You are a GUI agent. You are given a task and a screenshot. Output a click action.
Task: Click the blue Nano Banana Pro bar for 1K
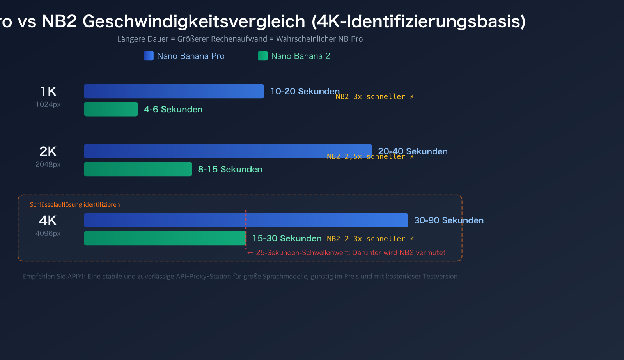pyautogui.click(x=174, y=91)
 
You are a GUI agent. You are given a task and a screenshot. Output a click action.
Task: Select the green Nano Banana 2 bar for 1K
pyautogui.click(x=111, y=109)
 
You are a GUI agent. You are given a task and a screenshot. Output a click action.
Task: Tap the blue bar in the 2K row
pyautogui.click(x=228, y=151)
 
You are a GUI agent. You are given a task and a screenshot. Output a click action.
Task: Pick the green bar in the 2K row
pyautogui.click(x=138, y=169)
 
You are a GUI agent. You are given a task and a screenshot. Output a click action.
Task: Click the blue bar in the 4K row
pyautogui.click(x=246, y=220)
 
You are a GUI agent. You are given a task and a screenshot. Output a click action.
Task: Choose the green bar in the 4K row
pyautogui.click(x=165, y=238)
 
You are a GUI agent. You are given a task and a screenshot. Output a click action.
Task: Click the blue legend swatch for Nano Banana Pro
pyautogui.click(x=149, y=56)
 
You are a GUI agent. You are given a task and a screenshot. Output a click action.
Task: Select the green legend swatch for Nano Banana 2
pyautogui.click(x=262, y=56)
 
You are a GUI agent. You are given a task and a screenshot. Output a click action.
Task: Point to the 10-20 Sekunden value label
pyautogui.click(x=305, y=91)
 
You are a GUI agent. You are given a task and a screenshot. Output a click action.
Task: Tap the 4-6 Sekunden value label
pyautogui.click(x=173, y=109)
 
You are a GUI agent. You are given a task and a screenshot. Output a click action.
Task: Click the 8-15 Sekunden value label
pyautogui.click(x=230, y=169)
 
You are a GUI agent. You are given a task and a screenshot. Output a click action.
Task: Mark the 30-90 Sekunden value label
pyautogui.click(x=448, y=220)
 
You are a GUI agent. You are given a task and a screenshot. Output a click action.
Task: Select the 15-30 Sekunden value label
pyautogui.click(x=287, y=238)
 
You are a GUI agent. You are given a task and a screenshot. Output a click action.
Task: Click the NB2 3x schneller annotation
pyautogui.click(x=374, y=97)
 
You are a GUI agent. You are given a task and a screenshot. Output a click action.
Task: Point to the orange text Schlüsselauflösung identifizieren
pyautogui.click(x=75, y=204)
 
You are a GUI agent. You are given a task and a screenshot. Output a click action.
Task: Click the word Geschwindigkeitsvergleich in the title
pyautogui.click(x=194, y=21)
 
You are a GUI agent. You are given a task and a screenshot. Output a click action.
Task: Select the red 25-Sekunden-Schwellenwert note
pyautogui.click(x=350, y=253)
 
